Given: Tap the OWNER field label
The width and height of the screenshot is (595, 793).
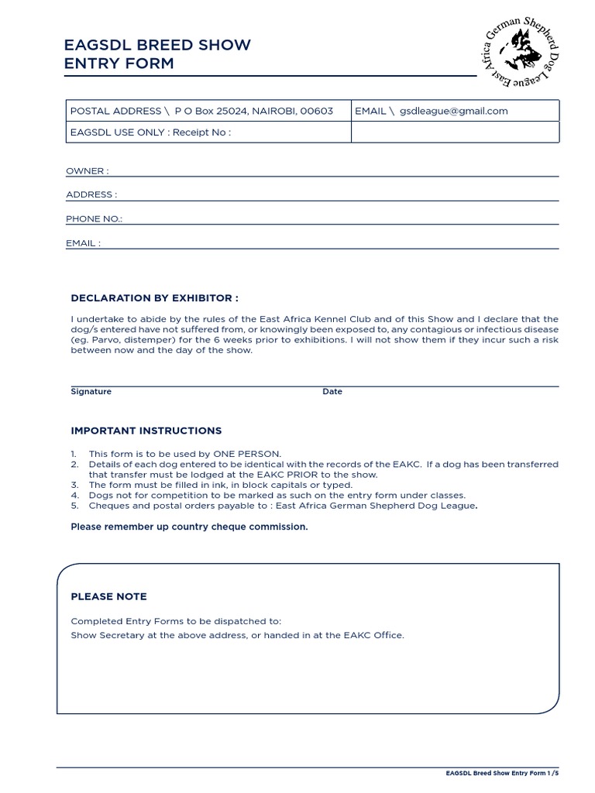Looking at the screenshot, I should coord(87,171).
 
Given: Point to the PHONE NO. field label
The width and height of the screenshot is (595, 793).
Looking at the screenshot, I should coord(94,219).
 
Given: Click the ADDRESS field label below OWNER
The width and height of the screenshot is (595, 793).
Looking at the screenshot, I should coord(91,195).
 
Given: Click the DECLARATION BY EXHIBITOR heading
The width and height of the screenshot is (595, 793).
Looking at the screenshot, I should coord(154,297).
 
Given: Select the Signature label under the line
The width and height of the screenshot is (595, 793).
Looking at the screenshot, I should coord(91,392).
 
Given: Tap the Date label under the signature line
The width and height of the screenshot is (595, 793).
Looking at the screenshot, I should coord(332,392).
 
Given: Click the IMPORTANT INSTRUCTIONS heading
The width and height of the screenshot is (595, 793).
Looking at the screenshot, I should coord(146,431).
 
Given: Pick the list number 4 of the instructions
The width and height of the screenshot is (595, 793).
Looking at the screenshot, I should coord(74,495).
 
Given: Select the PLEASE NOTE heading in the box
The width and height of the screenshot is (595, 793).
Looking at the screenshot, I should coord(108,596).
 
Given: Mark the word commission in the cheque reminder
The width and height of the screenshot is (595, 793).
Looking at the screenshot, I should coord(280,527).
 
